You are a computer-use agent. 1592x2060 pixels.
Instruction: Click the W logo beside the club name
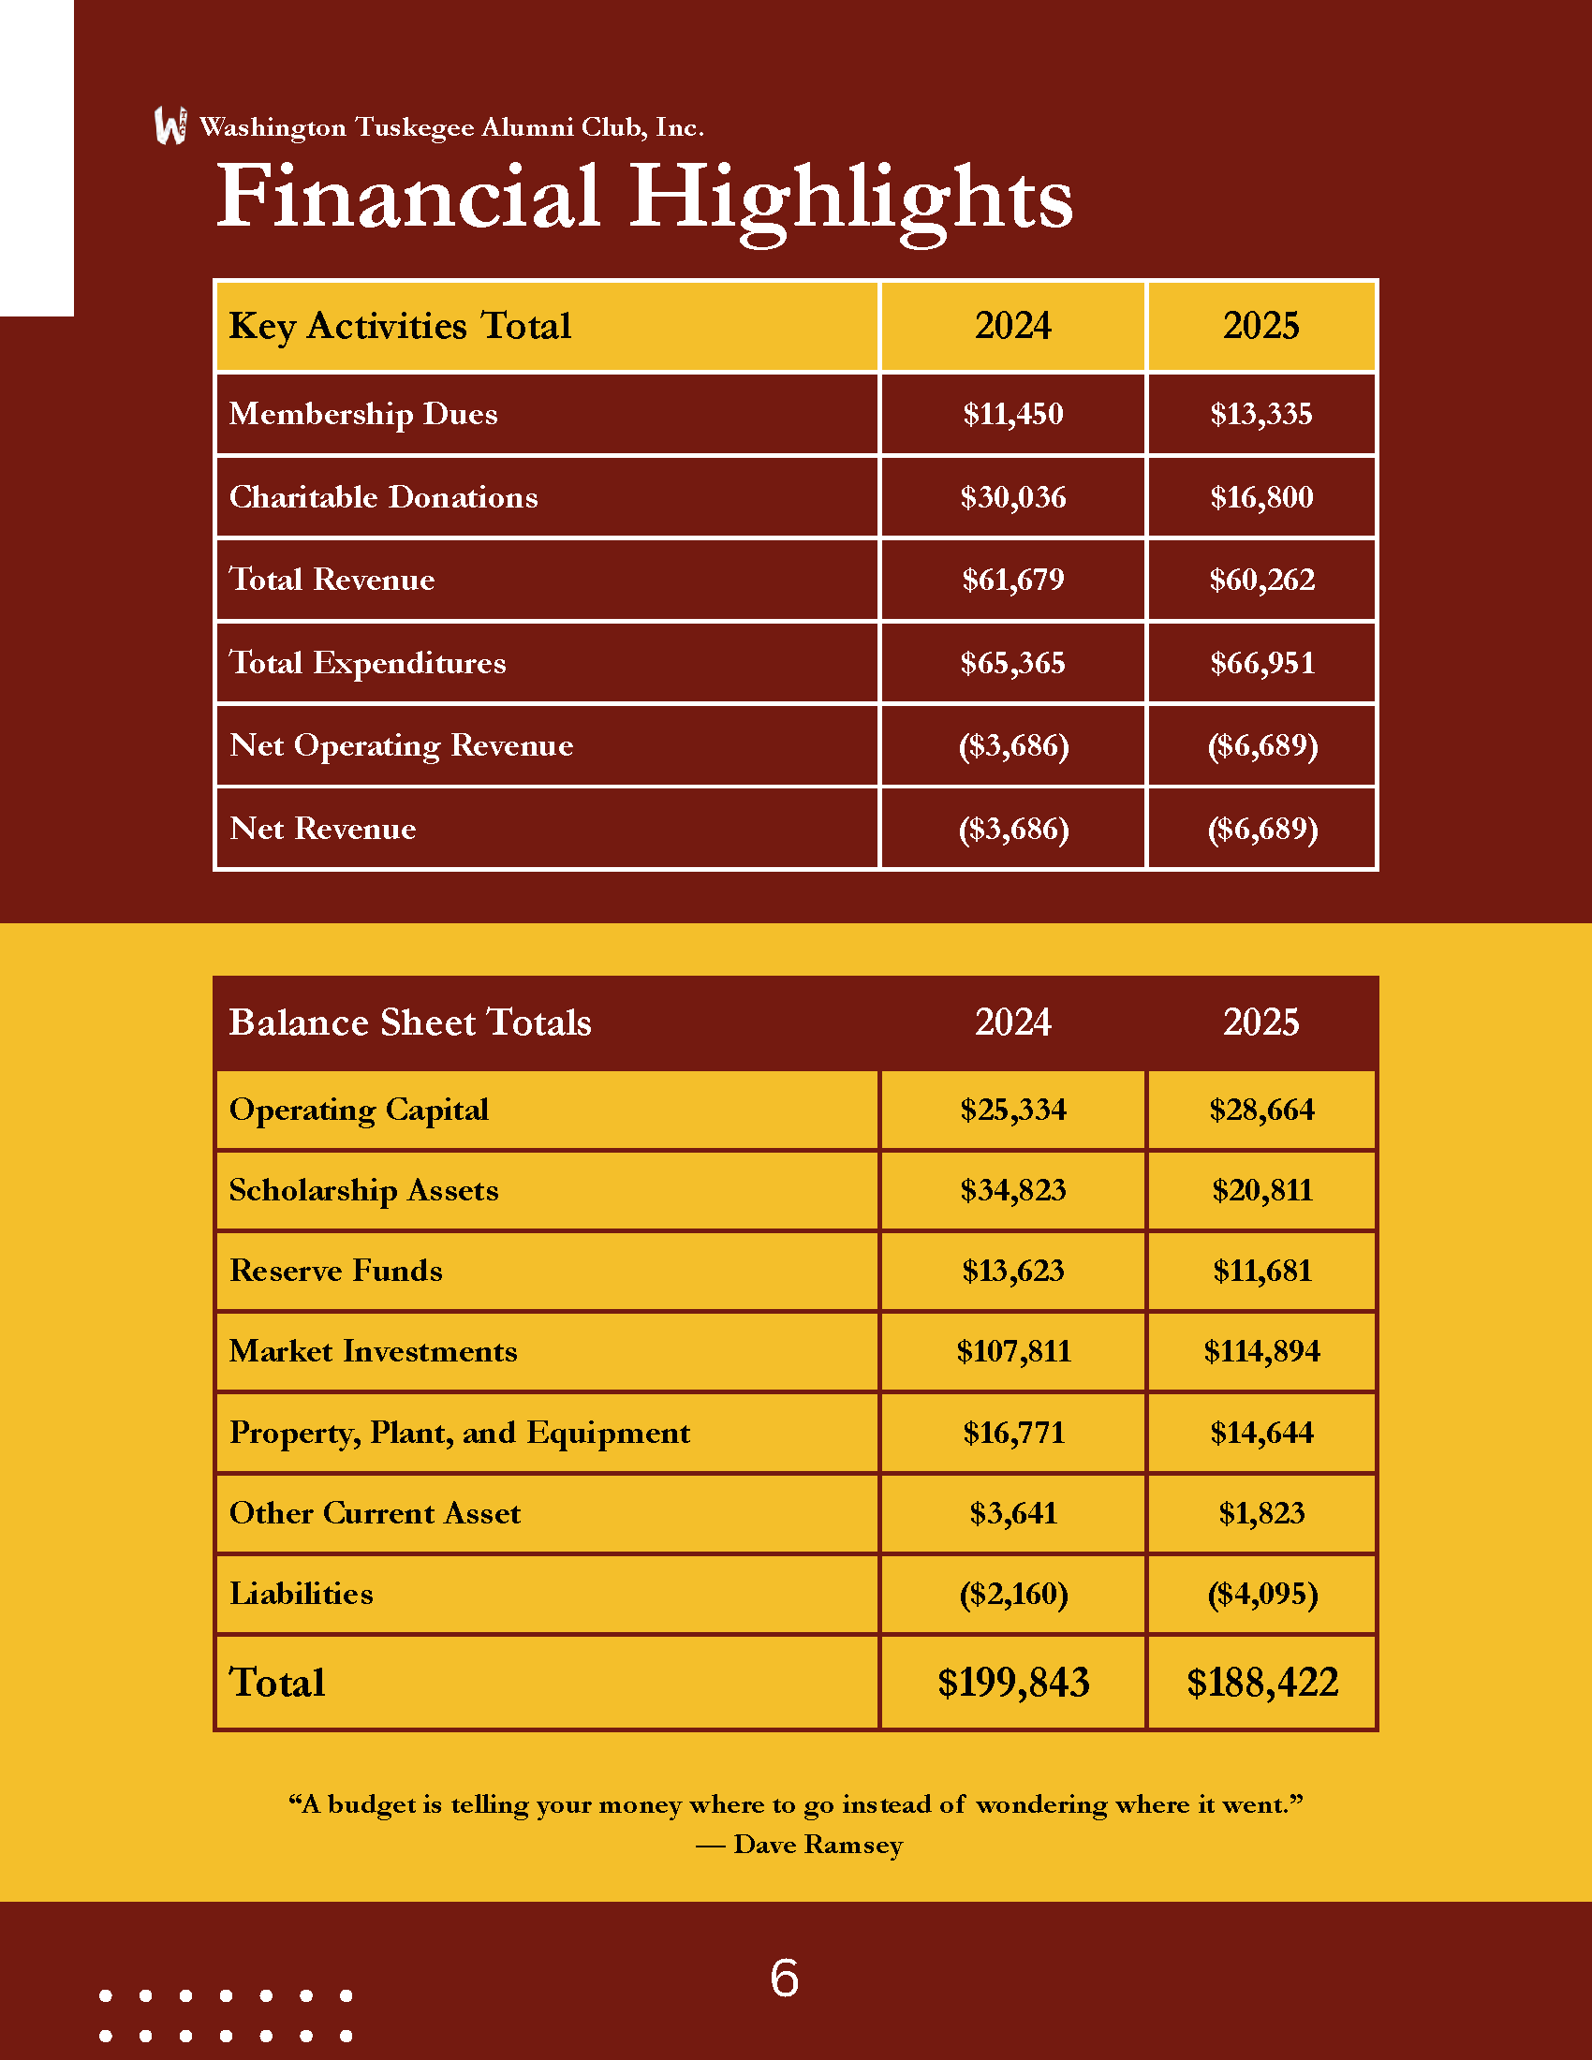click(170, 125)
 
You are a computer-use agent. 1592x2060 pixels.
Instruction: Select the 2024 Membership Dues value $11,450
click(1013, 414)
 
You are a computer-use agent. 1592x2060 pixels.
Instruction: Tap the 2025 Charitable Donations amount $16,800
click(1261, 497)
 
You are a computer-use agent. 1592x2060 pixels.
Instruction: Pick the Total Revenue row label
click(332, 579)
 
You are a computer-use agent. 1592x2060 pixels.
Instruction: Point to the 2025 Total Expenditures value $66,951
click(1262, 663)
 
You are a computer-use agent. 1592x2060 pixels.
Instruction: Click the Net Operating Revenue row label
click(401, 745)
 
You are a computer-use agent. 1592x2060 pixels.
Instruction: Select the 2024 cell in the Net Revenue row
click(1013, 828)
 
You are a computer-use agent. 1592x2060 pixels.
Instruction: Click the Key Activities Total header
click(400, 327)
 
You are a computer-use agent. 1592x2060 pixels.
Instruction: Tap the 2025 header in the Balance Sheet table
click(1261, 1023)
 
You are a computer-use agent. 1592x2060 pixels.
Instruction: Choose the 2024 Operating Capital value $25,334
click(1013, 1110)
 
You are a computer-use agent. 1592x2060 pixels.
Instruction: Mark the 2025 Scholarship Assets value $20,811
click(1262, 1190)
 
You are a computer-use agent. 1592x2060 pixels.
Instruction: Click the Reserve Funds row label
click(336, 1271)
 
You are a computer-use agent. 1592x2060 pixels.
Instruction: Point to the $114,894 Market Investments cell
click(1262, 1351)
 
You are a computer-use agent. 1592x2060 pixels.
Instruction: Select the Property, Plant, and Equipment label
click(459, 1433)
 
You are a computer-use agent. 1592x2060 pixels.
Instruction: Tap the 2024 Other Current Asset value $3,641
click(1013, 1513)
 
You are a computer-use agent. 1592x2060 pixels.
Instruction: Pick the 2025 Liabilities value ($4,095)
click(1262, 1594)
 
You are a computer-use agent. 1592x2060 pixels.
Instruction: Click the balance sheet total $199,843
click(1013, 1683)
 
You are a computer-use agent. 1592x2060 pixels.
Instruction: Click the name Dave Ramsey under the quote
click(818, 1845)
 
